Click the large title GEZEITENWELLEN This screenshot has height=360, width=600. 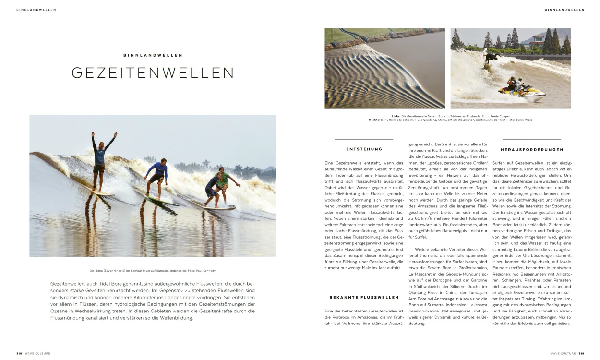click(153, 72)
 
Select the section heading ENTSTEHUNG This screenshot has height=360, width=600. click(364, 149)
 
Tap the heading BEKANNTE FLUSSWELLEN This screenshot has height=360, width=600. click(364, 298)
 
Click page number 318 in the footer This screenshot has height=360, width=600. click(19, 353)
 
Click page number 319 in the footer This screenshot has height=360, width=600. click(581, 353)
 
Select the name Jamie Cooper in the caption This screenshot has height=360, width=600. click(501, 116)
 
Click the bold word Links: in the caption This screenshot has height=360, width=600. click(396, 116)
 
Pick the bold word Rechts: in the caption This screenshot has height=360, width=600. click(374, 120)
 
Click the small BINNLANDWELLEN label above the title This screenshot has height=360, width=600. click(153, 55)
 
